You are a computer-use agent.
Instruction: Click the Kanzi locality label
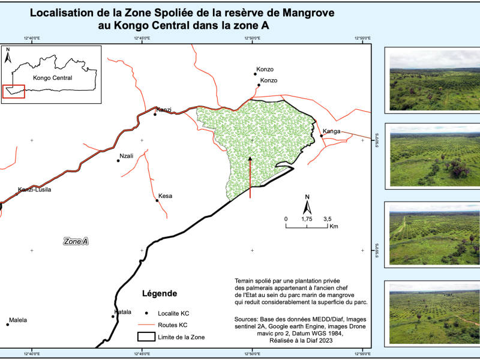coord(164,110)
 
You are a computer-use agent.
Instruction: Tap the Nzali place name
coord(126,156)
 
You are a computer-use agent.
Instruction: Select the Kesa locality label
coord(165,196)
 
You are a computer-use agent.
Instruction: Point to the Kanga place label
coord(332,131)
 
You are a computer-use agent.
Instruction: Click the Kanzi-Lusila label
coord(34,190)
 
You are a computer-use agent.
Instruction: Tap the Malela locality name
coord(18,320)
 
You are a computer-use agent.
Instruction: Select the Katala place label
coord(122,312)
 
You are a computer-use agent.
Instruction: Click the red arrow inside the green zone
coord(250,177)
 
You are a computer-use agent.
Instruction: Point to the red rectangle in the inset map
coord(13,91)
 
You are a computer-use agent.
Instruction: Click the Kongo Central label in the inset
coord(52,78)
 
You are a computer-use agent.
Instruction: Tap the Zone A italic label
coord(76,241)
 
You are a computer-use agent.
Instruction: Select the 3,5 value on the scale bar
coord(328,219)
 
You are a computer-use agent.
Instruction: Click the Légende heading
coord(159,293)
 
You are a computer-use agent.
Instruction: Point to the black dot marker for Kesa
coord(157,200)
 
